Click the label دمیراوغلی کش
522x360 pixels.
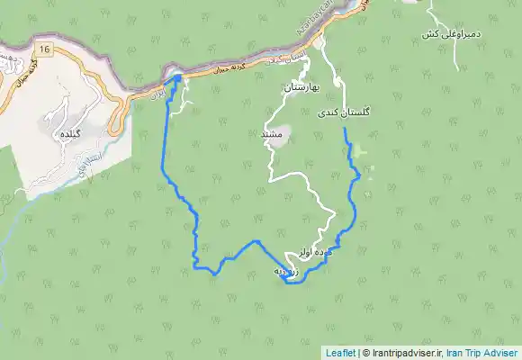tap(441, 34)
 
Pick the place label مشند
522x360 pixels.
tap(271, 133)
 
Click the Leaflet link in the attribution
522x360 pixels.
tap(340, 353)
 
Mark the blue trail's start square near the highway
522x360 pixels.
tap(177, 79)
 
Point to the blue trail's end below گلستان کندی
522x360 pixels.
tap(346, 131)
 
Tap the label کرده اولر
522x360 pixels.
tap(316, 255)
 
